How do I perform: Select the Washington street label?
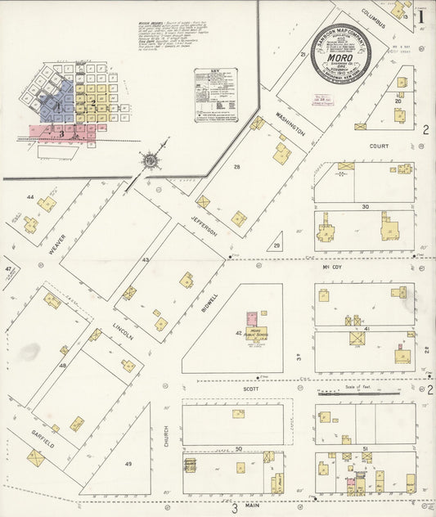coord(290,122)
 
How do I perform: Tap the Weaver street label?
coord(56,243)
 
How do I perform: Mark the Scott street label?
coord(250,389)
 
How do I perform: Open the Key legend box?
coord(216,95)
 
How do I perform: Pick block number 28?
coord(237,167)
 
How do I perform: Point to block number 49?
coord(128,464)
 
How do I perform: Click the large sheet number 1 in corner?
coord(421,15)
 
